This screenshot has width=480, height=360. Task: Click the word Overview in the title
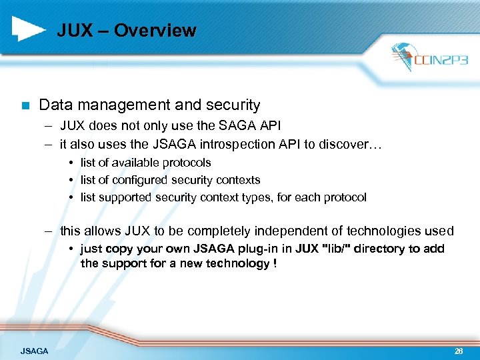pyautogui.click(x=155, y=31)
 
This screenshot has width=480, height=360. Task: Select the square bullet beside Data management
pyautogui.click(x=25, y=105)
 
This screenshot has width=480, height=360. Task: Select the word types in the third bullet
pyautogui.click(x=248, y=197)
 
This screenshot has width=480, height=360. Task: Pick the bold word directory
pyautogui.click(x=380, y=249)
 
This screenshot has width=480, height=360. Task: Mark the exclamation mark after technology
pyautogui.click(x=275, y=263)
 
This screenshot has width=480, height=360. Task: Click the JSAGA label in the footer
pyautogui.click(x=34, y=351)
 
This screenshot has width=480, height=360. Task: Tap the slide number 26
pyautogui.click(x=459, y=351)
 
